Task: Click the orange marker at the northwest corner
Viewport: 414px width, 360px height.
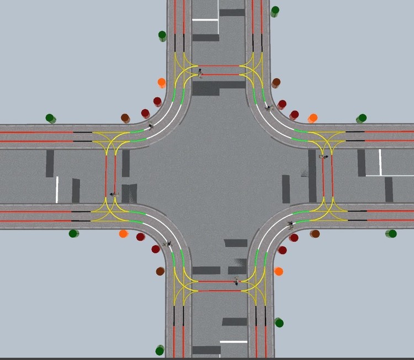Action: (162, 82)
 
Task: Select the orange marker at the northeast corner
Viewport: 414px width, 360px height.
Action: (312, 118)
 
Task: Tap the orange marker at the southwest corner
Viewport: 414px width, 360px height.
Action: (124, 234)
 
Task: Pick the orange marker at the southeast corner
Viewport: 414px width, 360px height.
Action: (278, 271)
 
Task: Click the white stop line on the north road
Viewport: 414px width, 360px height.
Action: (205, 19)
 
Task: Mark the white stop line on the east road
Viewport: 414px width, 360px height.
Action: (380, 162)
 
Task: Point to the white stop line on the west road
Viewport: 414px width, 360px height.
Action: (57, 189)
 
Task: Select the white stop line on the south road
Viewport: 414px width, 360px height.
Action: (233, 342)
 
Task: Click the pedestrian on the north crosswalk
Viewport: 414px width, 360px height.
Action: (200, 71)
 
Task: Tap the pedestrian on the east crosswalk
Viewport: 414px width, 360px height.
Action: (323, 157)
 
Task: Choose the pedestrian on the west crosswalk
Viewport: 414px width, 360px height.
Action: (114, 194)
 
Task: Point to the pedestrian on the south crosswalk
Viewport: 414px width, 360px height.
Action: (236, 281)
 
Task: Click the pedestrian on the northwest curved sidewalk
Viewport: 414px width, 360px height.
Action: (151, 126)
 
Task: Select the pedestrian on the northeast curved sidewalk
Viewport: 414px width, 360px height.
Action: (269, 108)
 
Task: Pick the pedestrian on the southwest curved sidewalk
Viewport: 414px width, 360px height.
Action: (167, 243)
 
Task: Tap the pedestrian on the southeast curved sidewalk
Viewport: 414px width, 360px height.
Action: (290, 224)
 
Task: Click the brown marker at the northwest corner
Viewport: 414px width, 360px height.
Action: (125, 118)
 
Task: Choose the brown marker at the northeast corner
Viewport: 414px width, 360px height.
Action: (276, 83)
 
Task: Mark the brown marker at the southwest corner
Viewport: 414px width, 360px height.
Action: (160, 271)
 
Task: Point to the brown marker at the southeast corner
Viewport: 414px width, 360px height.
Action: (315, 234)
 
